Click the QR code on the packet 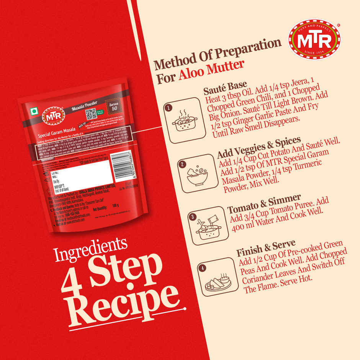pyautogui.click(x=90, y=114)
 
